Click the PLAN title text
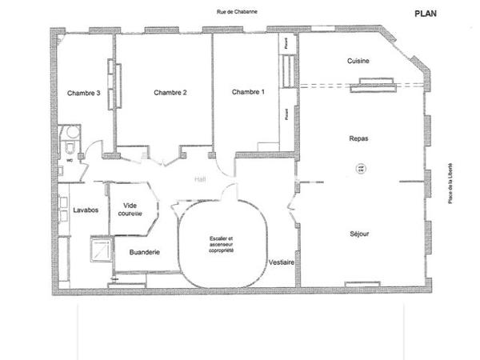(x=426, y=14)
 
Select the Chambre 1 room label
(x=247, y=93)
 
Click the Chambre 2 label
(x=170, y=93)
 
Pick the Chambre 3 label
(x=83, y=93)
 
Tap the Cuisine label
(x=358, y=62)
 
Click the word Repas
(x=358, y=138)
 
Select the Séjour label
(x=359, y=234)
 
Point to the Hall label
(x=201, y=180)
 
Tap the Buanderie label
(x=144, y=252)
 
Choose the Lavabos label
(x=85, y=210)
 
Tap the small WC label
(x=70, y=160)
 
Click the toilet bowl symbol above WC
(x=71, y=149)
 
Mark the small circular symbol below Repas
(x=359, y=167)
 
